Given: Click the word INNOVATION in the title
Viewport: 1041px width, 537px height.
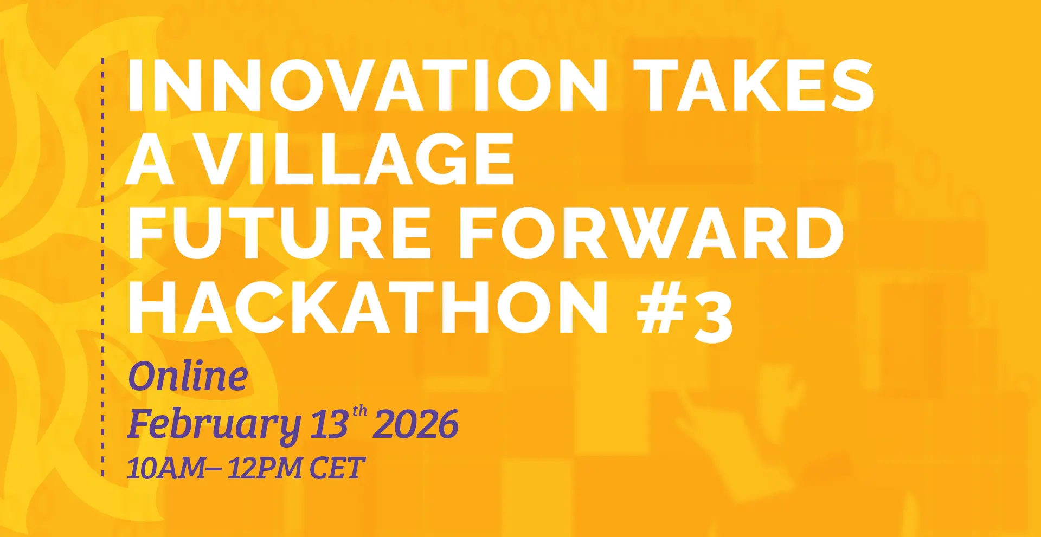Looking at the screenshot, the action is click(368, 85).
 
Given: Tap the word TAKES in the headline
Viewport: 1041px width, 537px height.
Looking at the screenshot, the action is click(754, 85).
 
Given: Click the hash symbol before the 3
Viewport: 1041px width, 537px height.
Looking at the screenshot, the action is click(660, 308).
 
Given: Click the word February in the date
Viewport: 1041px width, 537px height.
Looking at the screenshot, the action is click(214, 425).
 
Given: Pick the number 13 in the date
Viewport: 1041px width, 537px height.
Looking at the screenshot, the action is click(329, 424).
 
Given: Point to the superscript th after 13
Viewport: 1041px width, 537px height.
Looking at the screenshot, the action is click(359, 412).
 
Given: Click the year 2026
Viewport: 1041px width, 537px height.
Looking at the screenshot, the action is click(416, 424).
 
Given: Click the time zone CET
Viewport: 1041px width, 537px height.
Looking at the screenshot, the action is click(337, 468).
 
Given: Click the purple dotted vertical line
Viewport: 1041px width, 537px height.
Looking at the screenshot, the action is click(103, 267).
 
